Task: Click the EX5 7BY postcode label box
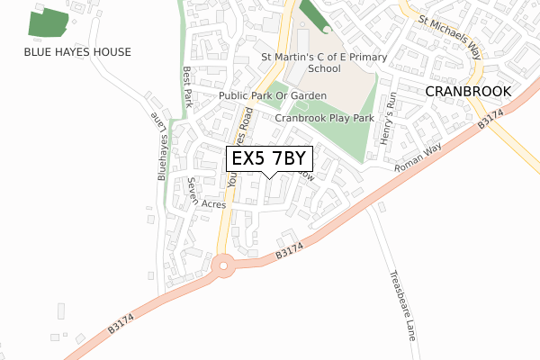pyautogui.click(x=268, y=158)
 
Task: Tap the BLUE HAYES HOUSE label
pyautogui.click(x=77, y=52)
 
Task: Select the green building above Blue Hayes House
pyautogui.click(x=49, y=22)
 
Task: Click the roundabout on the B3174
pyautogui.click(x=224, y=265)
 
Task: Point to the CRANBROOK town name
pyautogui.click(x=467, y=92)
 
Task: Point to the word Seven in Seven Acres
pyautogui.click(x=192, y=190)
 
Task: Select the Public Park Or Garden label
pyautogui.click(x=272, y=95)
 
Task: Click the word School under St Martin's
pyautogui.click(x=323, y=68)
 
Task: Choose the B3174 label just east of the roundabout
pyautogui.click(x=287, y=256)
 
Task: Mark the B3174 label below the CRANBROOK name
pyautogui.click(x=490, y=119)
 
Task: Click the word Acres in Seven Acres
pyautogui.click(x=213, y=204)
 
